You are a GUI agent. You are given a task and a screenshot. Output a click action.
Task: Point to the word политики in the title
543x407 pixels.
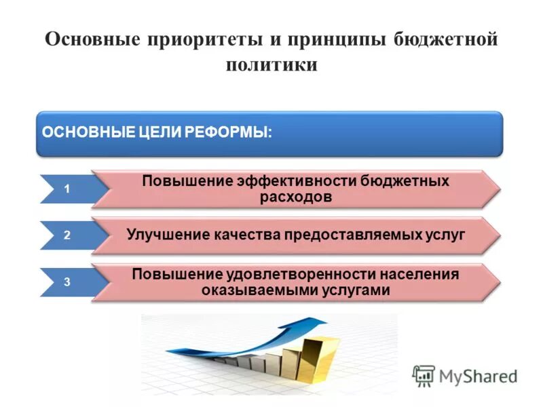pos(271,65)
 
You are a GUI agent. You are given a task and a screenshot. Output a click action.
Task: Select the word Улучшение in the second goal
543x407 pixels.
pos(170,235)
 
